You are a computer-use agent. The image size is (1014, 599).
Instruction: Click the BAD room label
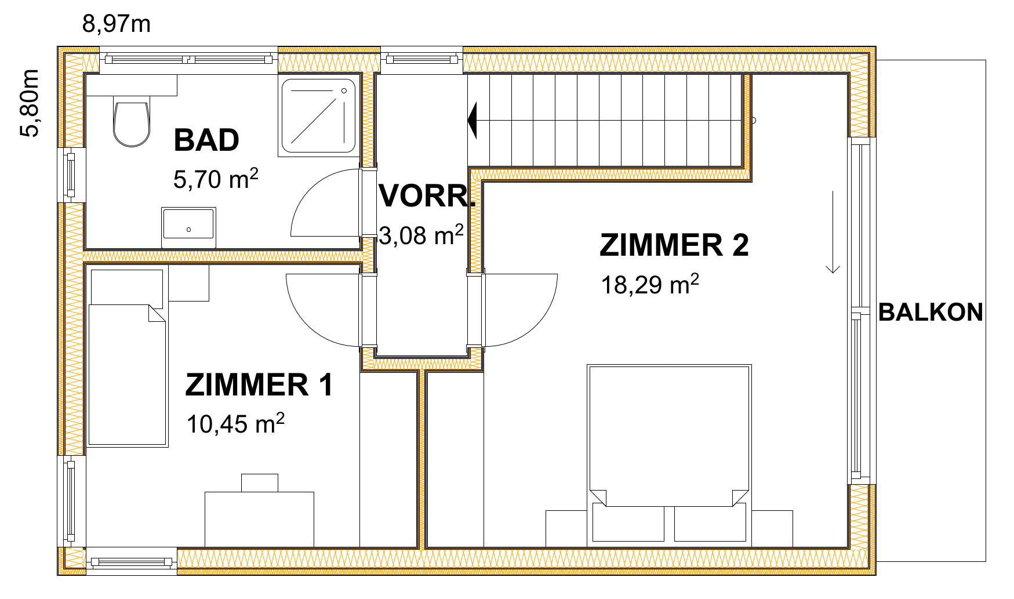(206, 140)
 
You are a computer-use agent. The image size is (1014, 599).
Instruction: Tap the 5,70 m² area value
(216, 179)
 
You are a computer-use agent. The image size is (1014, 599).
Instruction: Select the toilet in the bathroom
(132, 124)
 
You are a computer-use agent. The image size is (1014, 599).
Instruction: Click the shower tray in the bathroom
(318, 116)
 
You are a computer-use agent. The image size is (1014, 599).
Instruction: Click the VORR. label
(427, 196)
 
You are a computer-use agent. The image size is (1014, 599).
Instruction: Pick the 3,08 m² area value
(421, 235)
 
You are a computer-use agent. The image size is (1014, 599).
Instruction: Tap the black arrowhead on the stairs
(472, 120)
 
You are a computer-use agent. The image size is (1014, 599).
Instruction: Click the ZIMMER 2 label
(674, 245)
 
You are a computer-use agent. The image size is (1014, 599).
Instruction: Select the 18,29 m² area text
(650, 284)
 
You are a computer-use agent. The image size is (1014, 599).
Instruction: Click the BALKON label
(931, 313)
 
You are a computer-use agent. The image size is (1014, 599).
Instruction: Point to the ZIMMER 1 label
(259, 385)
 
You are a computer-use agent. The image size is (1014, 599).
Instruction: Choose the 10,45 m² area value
(235, 423)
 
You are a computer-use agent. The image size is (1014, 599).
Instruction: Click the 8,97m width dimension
(117, 24)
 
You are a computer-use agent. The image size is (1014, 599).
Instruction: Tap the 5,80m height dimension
(30, 103)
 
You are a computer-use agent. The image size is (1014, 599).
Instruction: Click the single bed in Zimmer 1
(127, 358)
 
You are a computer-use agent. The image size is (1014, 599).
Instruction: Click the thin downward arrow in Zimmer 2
(833, 231)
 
